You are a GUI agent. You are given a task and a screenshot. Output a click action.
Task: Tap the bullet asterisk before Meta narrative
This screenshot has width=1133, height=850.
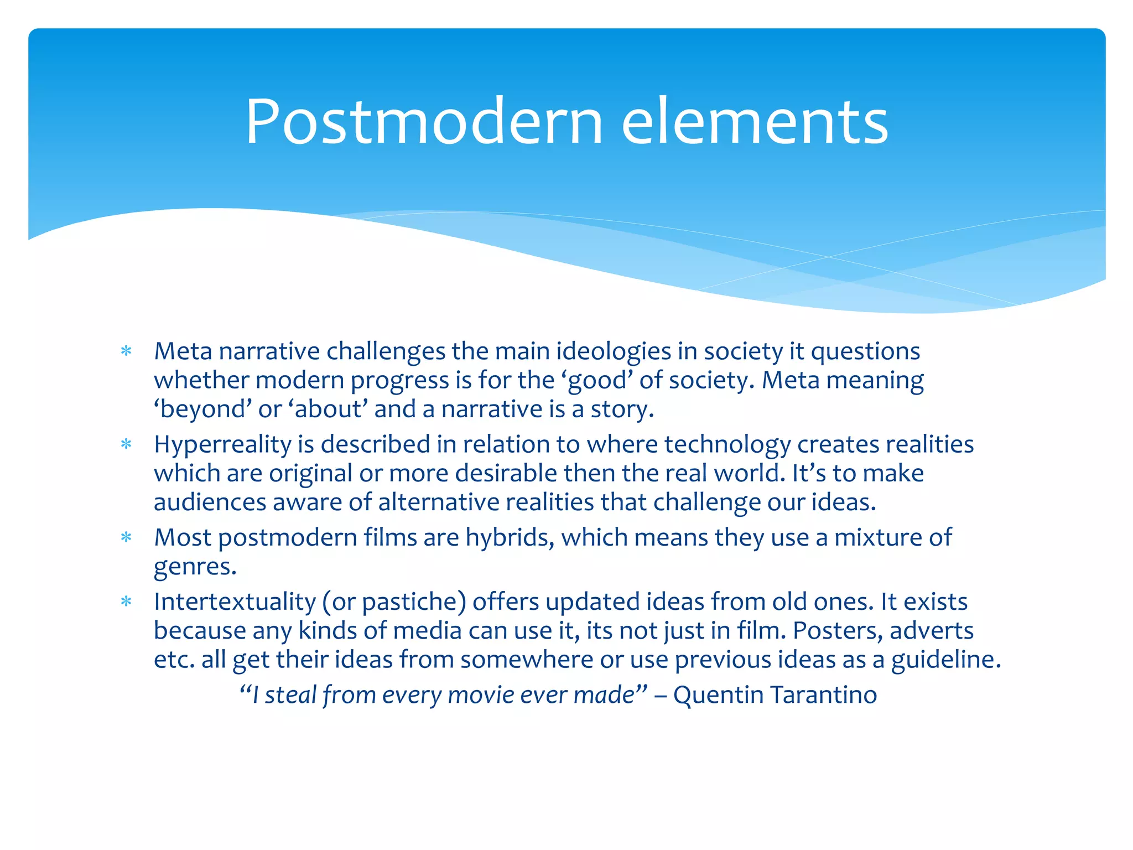126,351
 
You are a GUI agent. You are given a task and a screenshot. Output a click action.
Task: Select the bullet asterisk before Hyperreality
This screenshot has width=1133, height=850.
126,444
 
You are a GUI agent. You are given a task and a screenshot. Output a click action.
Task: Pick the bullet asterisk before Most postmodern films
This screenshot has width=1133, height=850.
126,537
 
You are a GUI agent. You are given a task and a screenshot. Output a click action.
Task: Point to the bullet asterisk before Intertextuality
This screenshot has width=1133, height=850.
126,602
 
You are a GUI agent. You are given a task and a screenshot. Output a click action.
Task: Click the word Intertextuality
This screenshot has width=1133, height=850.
235,602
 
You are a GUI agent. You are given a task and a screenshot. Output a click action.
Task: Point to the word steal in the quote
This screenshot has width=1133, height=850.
290,695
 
